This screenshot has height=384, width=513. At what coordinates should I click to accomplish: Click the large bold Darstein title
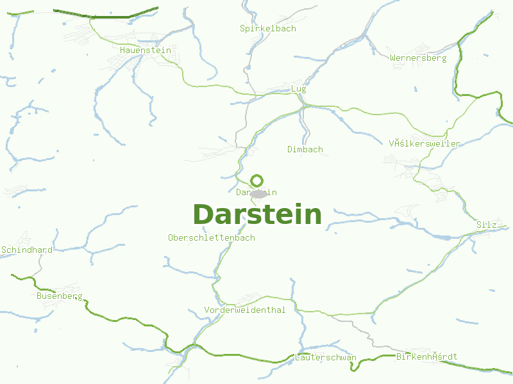[256, 214]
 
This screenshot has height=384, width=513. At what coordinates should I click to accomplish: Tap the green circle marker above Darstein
[256, 180]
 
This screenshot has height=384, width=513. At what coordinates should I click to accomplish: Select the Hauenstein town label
[145, 50]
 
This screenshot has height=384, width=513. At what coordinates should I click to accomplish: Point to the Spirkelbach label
[268, 28]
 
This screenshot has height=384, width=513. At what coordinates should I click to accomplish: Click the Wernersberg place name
[418, 58]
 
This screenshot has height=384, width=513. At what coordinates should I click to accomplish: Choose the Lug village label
[298, 88]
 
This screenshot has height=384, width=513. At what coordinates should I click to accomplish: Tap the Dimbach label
[305, 149]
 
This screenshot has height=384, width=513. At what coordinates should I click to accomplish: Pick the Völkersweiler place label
[425, 143]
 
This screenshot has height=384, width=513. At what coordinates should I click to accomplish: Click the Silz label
[487, 225]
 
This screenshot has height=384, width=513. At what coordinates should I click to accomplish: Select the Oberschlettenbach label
[211, 237]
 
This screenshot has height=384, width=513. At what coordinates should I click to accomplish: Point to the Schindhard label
[27, 250]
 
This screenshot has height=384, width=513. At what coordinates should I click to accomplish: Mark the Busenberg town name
[60, 296]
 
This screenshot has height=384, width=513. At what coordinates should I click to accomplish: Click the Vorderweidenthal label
[245, 310]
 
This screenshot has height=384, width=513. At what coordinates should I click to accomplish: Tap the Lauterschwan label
[326, 357]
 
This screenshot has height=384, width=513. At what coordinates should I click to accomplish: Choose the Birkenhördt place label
[427, 356]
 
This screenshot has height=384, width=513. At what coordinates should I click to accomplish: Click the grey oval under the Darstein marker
[258, 193]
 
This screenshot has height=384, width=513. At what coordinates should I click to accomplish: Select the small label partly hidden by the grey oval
[256, 192]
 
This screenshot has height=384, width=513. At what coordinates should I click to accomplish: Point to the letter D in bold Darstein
[202, 214]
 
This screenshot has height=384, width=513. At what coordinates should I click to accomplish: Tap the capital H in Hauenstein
[122, 50]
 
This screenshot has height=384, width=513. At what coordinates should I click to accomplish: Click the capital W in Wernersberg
[392, 58]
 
